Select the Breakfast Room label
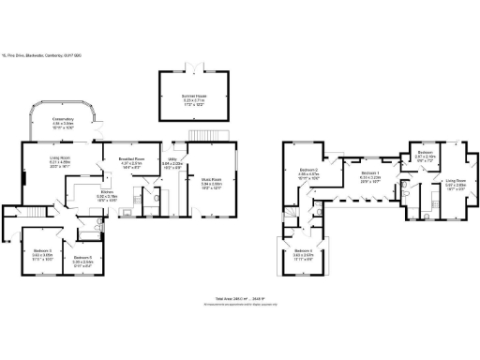click(x=130, y=159)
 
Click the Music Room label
click(x=211, y=183)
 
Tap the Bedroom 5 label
click(x=82, y=258)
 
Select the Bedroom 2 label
click(x=308, y=172)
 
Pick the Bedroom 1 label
click(x=370, y=173)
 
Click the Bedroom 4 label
click(x=302, y=252)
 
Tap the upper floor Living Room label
click(x=456, y=181)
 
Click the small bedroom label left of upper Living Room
click(x=424, y=155)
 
